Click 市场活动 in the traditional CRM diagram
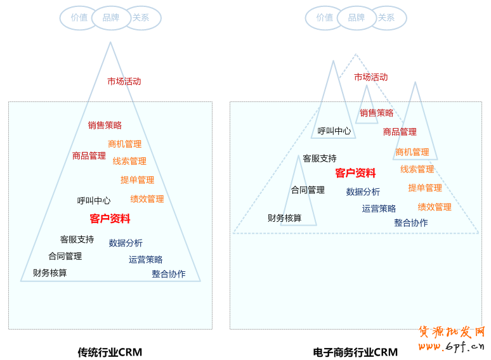click(x=124, y=81)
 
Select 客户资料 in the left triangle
click(x=110, y=219)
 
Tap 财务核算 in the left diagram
click(x=50, y=273)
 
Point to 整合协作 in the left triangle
click(x=169, y=274)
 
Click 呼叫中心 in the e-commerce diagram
click(x=334, y=131)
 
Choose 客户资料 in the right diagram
click(x=355, y=173)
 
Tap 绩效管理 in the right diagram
click(x=435, y=207)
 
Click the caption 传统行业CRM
click(x=110, y=352)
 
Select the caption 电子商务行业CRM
click(x=355, y=352)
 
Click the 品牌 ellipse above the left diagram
click(x=111, y=18)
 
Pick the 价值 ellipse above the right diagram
click(x=324, y=18)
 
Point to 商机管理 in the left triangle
click(x=124, y=144)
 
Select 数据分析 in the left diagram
click(x=126, y=243)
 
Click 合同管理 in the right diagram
click(x=308, y=190)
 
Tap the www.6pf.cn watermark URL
click(x=451, y=346)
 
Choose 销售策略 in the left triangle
click(x=105, y=125)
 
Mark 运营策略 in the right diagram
click(x=379, y=208)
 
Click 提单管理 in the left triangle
click(x=137, y=179)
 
